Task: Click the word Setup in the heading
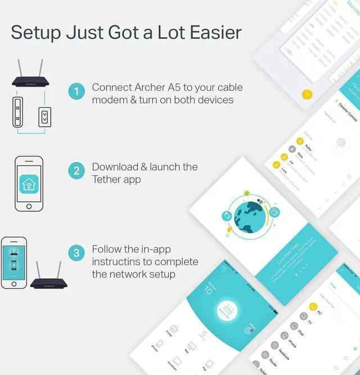(x=34, y=33)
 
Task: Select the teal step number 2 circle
(x=76, y=171)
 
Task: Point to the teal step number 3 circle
(x=76, y=253)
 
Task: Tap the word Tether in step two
(x=107, y=179)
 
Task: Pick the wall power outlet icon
(x=44, y=117)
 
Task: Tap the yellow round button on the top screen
(x=307, y=94)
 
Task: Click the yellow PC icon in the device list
(x=313, y=308)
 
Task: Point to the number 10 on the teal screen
(x=208, y=290)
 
